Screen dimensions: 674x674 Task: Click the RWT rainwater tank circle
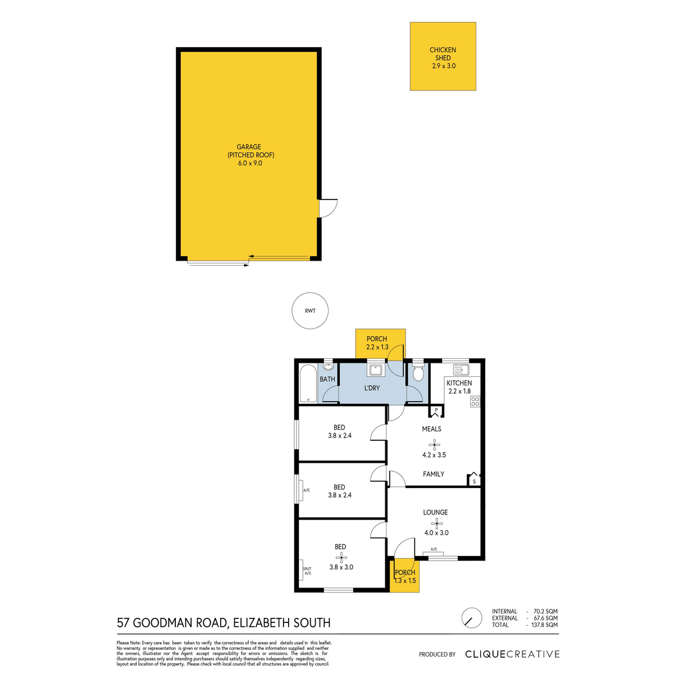coord(310,311)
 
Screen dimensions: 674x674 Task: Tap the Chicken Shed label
coord(443,54)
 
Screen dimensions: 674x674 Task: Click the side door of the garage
coord(327,208)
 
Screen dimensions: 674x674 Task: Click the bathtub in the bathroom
coord(308,384)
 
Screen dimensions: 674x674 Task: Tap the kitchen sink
coord(461,370)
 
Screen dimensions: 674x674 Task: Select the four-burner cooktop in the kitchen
coord(475,401)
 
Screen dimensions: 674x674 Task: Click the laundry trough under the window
coord(376,370)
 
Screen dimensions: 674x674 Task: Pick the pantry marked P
coord(436,411)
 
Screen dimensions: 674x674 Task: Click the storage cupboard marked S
coord(474,480)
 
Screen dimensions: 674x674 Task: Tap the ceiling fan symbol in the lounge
coord(436,523)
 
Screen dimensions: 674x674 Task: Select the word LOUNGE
coord(435,512)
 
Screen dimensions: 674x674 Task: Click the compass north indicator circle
coord(472,618)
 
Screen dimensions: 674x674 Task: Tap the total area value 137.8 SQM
coord(544,625)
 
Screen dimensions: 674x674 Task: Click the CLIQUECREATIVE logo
coord(512,654)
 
